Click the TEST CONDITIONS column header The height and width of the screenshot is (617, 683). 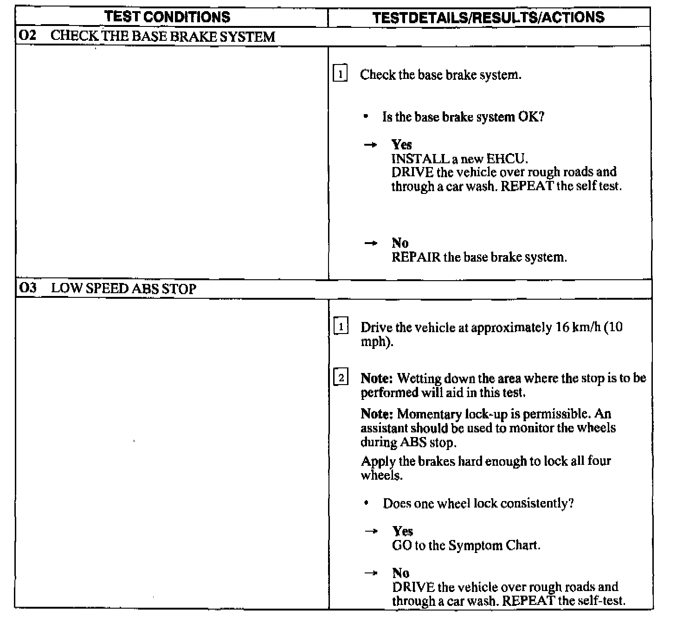tap(167, 17)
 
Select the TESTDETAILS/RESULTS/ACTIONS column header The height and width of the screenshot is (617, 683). tap(488, 18)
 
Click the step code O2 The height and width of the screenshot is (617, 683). tap(28, 36)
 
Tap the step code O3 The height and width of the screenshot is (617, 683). tap(28, 288)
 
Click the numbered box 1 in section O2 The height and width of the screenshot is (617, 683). tap(340, 74)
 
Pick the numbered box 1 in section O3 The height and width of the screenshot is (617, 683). tap(341, 327)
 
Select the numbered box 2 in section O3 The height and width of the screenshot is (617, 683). tap(341, 378)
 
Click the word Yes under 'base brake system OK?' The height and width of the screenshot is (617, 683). tap(401, 144)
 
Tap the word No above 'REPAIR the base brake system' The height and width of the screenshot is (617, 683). tap(400, 243)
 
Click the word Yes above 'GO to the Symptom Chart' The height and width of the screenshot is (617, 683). tap(402, 531)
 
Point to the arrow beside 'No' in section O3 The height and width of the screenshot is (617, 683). tap(371, 573)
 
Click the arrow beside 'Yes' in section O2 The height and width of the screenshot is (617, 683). tap(370, 145)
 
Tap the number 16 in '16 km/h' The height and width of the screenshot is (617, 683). tap(562, 327)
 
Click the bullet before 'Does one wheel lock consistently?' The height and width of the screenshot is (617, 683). tap(367, 503)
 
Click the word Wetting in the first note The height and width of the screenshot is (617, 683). tap(419, 378)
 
